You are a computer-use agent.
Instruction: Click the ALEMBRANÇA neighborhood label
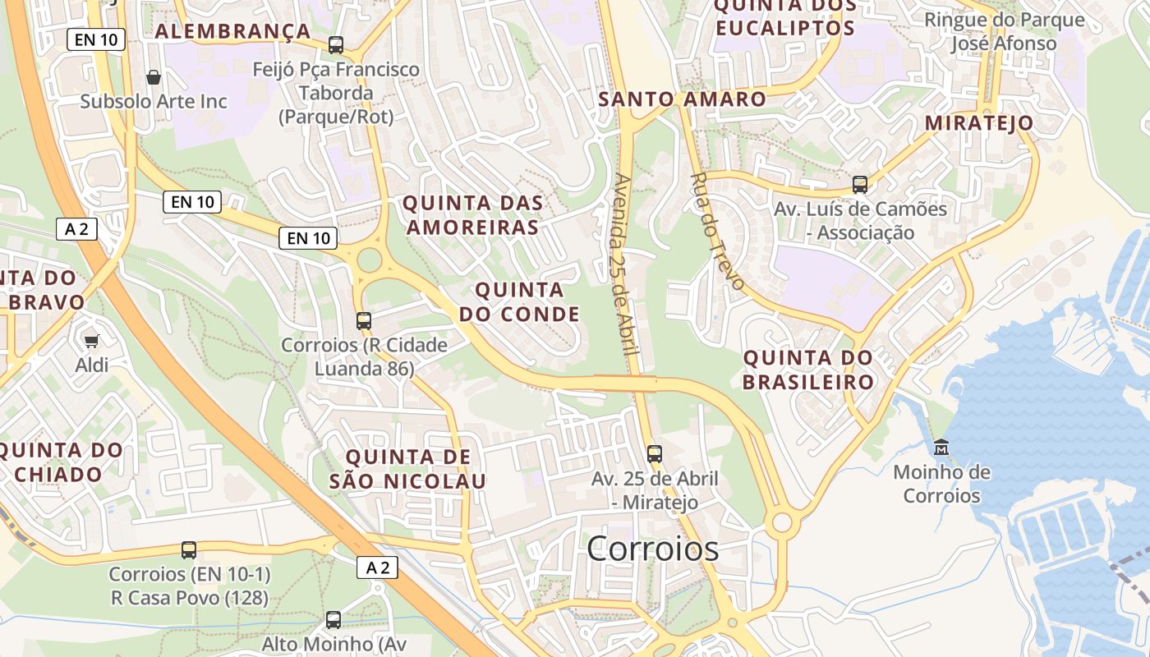232,32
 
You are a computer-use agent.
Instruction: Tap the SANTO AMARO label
682,99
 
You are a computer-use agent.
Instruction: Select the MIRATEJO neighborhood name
979,123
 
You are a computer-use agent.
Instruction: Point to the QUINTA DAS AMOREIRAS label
473,215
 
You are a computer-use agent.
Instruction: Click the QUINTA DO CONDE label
519,301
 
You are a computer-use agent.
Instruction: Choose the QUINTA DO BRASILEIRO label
808,370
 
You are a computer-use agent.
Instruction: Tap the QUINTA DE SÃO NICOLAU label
408,469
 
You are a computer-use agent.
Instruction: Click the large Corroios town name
652,549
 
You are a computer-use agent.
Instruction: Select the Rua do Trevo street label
717,232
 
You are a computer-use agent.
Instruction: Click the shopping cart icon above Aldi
92,341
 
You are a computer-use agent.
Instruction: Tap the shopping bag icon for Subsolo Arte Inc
153,78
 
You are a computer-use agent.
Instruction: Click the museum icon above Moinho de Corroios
941,448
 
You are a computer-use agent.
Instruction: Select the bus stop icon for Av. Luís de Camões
860,184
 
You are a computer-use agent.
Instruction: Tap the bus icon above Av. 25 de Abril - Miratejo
655,453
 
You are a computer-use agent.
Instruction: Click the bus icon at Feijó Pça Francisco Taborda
336,45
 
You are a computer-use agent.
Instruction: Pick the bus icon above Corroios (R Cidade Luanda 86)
364,320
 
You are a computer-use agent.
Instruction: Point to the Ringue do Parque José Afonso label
1004,31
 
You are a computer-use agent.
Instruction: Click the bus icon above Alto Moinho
333,620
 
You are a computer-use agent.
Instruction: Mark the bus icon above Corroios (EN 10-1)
189,549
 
